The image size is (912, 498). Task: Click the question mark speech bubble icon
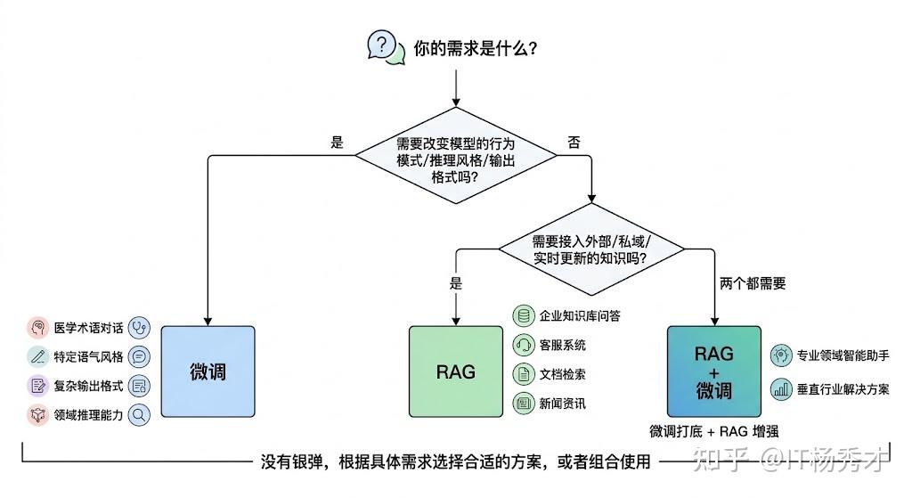[382, 45]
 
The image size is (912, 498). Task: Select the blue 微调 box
[208, 371]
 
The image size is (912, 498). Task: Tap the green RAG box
[455, 371]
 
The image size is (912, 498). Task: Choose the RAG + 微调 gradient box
[713, 371]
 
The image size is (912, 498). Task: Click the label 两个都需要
[752, 284]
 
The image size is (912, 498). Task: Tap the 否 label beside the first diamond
[574, 142]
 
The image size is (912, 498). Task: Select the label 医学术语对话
[88, 328]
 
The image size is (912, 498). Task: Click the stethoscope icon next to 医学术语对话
[139, 328]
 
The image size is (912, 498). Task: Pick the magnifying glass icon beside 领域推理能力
[139, 414]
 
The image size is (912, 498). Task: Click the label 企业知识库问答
[580, 315]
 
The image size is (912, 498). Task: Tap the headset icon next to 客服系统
[523, 345]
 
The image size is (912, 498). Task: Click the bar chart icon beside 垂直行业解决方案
[781, 388]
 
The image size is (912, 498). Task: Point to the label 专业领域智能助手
[842, 355]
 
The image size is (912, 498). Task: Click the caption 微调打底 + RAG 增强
[714, 433]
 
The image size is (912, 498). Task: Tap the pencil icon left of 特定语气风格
[37, 357]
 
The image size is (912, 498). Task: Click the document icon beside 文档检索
[523, 374]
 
